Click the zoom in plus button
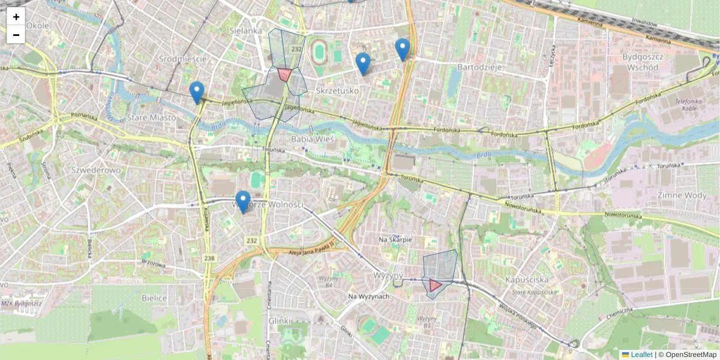pos(16,17)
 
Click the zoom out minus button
pos(16,35)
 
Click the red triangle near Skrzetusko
pos(284,74)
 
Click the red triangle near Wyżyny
pos(435,285)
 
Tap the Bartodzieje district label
pos(479,67)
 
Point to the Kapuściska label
pos(528,280)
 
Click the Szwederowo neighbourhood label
pos(96,170)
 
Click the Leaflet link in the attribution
pos(641,355)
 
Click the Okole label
pos(38,26)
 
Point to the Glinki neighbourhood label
pos(280,321)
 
